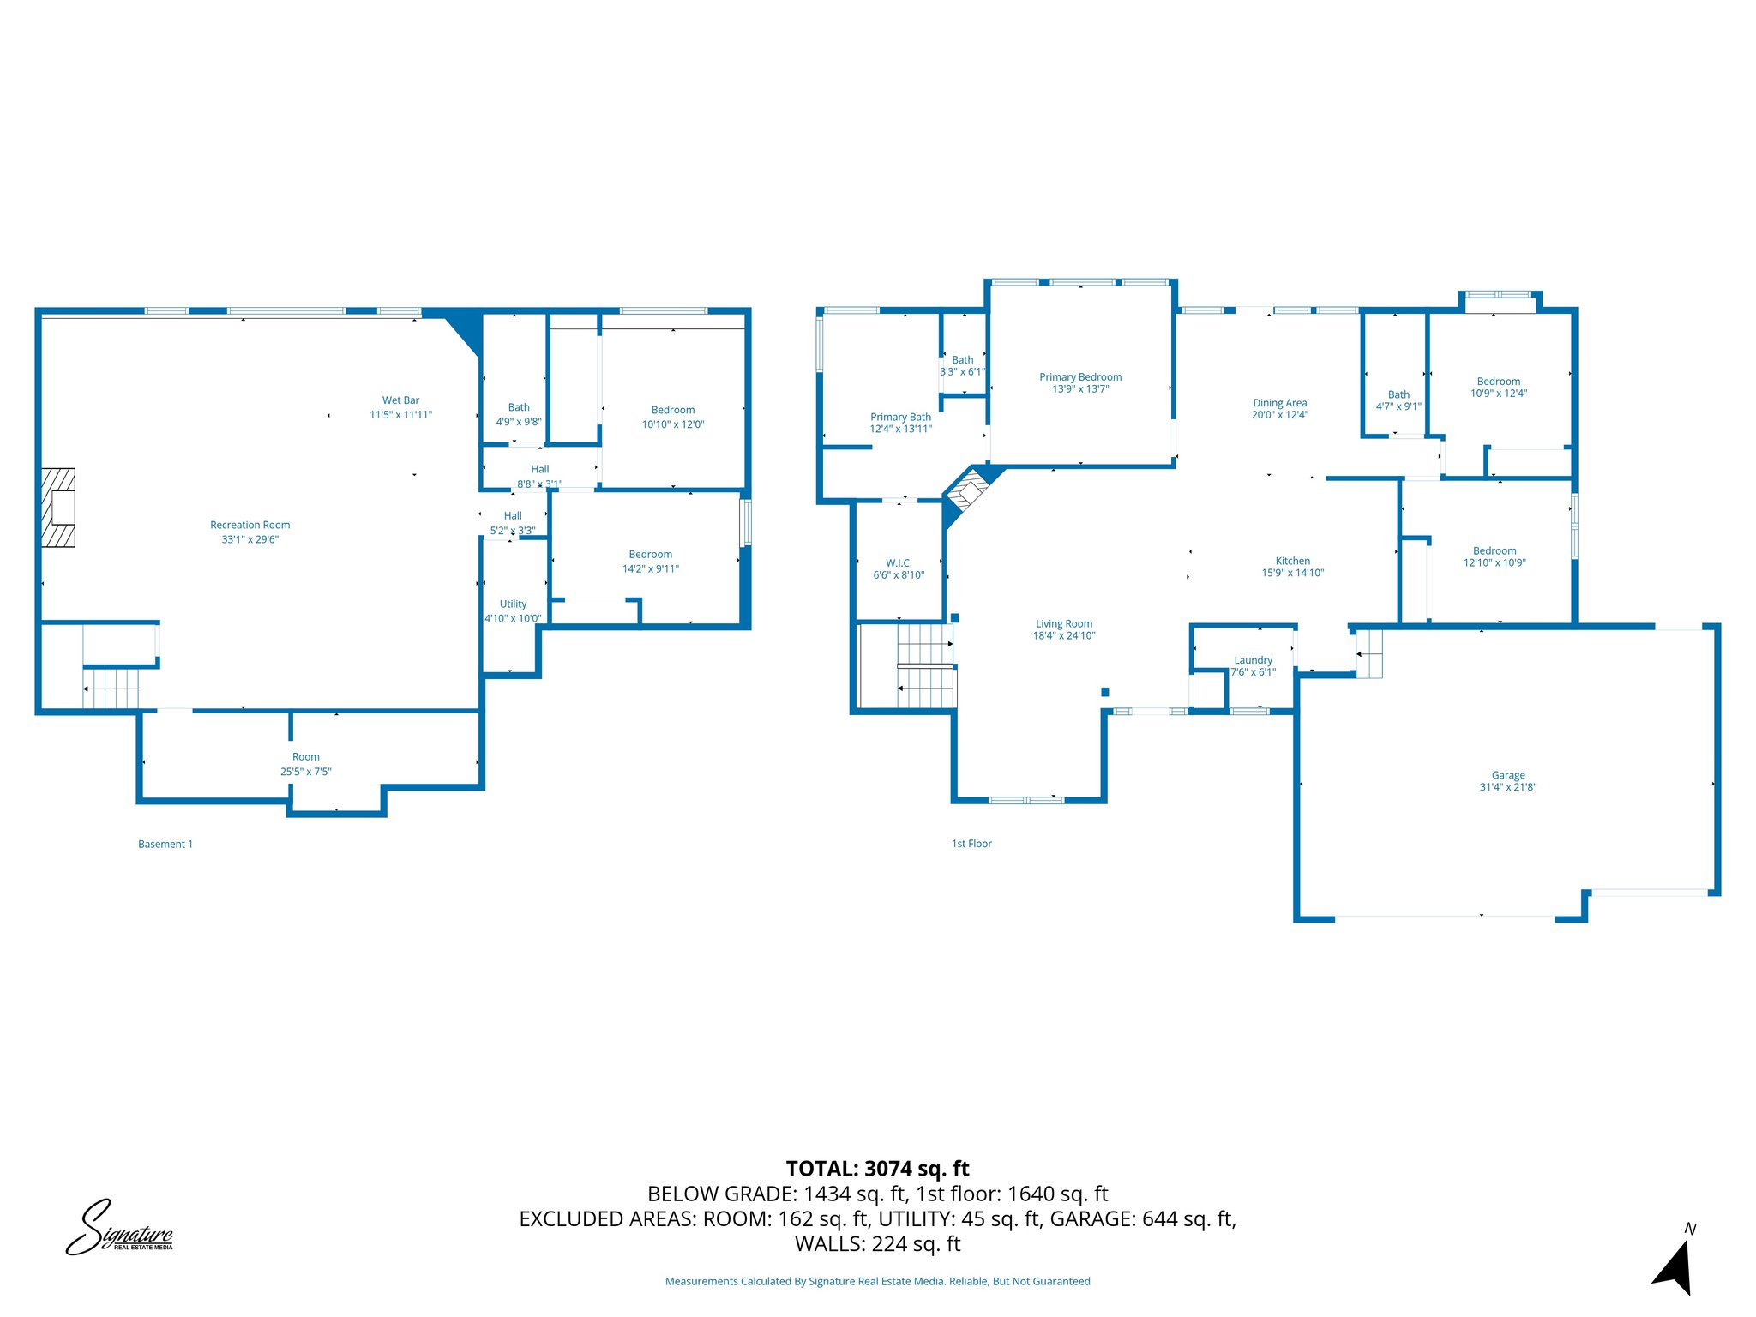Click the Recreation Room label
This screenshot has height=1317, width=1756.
[x=250, y=525]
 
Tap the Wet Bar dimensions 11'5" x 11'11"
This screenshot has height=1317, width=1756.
[x=400, y=415]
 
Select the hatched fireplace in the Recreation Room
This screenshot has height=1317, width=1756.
[x=59, y=508]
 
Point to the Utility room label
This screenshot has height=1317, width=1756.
[x=513, y=604]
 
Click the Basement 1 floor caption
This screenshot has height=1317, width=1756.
[x=165, y=844]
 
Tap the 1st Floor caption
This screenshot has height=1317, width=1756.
[x=971, y=844]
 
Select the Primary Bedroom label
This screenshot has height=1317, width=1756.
[x=1080, y=377]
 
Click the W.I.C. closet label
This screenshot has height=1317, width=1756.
[x=899, y=563]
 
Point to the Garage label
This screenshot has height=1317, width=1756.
[x=1507, y=775]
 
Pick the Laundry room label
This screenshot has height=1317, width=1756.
[x=1253, y=660]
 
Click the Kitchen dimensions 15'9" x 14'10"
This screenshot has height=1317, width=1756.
[x=1292, y=573]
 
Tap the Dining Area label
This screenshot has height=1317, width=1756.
[x=1279, y=403]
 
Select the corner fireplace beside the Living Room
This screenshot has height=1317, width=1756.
[x=969, y=495]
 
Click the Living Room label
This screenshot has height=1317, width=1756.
[x=1063, y=624]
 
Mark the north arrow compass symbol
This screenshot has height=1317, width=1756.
[x=1675, y=1264]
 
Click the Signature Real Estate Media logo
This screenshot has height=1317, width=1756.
[x=119, y=1229]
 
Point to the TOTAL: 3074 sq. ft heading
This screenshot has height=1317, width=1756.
[x=877, y=1168]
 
